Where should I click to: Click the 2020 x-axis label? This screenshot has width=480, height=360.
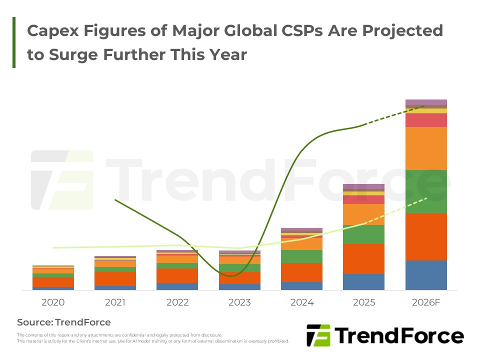(53, 302)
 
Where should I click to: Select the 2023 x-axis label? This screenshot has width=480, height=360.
(239, 302)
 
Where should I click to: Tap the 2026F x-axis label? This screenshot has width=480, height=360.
(426, 302)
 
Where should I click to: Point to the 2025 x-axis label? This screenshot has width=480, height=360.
(364, 302)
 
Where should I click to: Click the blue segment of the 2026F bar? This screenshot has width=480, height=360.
(426, 275)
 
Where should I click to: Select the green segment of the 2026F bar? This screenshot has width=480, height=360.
(426, 191)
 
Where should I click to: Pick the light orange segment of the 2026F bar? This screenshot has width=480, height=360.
(426, 148)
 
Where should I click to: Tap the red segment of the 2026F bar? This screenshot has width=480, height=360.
(426, 120)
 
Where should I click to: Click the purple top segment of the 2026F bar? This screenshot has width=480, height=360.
(426, 102)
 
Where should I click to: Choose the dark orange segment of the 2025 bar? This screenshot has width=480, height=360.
(363, 259)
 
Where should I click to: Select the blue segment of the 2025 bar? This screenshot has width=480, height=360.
(363, 282)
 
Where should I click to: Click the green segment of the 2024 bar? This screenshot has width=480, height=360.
(302, 256)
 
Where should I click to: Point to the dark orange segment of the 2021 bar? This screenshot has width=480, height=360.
(115, 279)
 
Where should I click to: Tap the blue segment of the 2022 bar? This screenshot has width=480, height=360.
(177, 286)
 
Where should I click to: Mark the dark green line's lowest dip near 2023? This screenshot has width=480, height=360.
(231, 276)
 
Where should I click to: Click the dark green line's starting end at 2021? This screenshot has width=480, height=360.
(115, 200)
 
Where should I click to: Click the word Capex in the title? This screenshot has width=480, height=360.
(53, 31)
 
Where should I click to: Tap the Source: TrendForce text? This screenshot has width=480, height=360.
(63, 322)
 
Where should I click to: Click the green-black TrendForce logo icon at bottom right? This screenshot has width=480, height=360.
(318, 335)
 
